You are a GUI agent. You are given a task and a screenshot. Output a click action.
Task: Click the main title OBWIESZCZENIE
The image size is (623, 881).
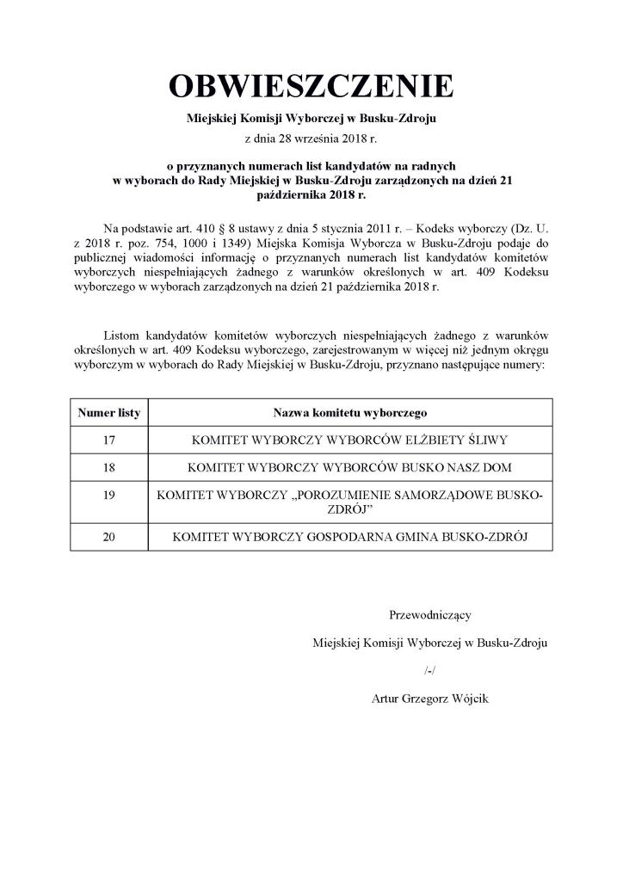pyautogui.click(x=311, y=88)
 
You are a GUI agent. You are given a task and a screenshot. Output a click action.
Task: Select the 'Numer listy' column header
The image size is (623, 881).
pyautogui.click(x=108, y=413)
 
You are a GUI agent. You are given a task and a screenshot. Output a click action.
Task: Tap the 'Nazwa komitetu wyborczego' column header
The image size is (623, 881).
pyautogui.click(x=350, y=413)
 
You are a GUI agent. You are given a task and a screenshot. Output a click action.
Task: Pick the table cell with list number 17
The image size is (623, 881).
pyautogui.click(x=108, y=440)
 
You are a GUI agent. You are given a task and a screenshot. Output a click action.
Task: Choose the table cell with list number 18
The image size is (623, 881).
pyautogui.click(x=108, y=468)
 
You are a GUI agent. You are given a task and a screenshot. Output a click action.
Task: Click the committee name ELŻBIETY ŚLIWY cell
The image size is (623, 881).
pyautogui.click(x=350, y=440)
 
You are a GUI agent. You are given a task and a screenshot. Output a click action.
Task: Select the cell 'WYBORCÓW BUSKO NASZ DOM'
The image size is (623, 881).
pyautogui.click(x=350, y=468)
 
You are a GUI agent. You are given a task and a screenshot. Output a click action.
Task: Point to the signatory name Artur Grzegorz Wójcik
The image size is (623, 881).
pyautogui.click(x=430, y=699)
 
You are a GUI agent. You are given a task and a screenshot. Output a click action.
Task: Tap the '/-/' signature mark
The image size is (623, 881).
pyautogui.click(x=430, y=670)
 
